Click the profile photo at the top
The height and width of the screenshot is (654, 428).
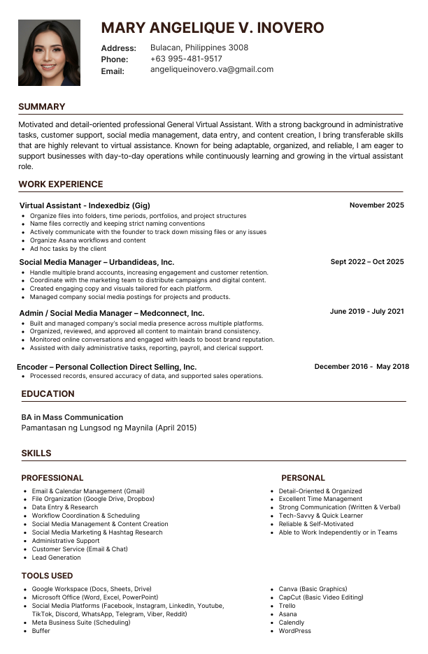coord(49,52)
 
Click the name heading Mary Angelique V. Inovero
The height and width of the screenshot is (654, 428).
coord(213,28)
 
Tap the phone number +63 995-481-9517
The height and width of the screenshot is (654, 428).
coord(186,59)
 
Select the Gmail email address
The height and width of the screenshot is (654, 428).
coord(212,70)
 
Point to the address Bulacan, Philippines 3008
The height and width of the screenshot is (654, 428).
coord(199,48)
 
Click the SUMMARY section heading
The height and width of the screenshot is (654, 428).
coord(42,107)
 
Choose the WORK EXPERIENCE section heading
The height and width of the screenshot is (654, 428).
coord(61,184)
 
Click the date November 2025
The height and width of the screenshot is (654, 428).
coord(376,205)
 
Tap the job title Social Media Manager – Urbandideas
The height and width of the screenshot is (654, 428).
coord(97,262)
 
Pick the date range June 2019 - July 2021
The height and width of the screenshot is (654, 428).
coord(366,312)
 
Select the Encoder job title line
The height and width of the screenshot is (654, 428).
coord(106,367)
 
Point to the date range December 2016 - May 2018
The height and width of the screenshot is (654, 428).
coord(362,367)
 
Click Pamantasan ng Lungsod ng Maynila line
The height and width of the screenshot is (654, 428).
coord(109,428)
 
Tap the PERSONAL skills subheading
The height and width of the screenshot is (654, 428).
coord(303,478)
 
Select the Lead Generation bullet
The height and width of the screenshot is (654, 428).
coord(56,558)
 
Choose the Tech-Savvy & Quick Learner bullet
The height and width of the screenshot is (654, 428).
coord(320,516)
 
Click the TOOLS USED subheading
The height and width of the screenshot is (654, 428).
coord(47,576)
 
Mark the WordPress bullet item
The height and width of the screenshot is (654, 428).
coord(294,631)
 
